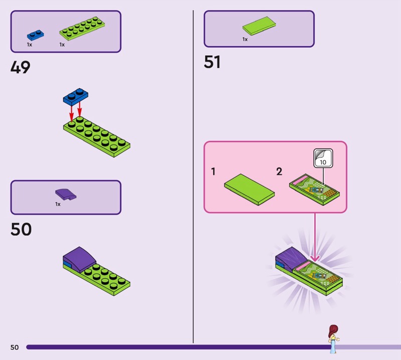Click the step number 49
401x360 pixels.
21,67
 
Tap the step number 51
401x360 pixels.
213,62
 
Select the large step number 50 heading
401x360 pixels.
21,230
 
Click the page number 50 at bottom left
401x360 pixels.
15,347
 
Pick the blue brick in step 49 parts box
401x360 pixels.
35,36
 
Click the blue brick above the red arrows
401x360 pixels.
75,96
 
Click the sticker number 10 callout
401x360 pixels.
323,159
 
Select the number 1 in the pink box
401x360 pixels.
213,171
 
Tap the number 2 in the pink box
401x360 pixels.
279,171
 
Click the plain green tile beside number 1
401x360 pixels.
249,188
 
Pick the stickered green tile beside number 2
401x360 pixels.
315,189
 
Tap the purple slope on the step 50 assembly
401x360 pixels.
79,257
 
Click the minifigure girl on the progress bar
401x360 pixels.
332,335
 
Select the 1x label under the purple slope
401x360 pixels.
58,204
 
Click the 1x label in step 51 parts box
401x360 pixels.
245,39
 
